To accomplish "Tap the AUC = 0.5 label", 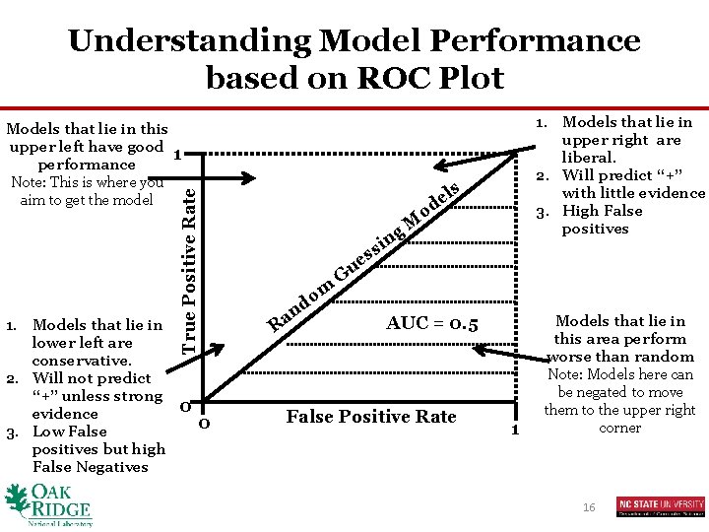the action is [432, 323].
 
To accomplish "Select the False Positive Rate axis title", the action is [371, 417].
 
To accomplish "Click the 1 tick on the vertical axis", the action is [175, 155].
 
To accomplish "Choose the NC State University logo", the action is [660, 506].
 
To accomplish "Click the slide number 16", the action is [589, 506].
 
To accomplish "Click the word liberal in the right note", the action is [589, 158].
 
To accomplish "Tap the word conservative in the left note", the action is [75, 361].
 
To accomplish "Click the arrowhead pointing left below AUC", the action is [479, 347].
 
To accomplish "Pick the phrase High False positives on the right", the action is [601, 220].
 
